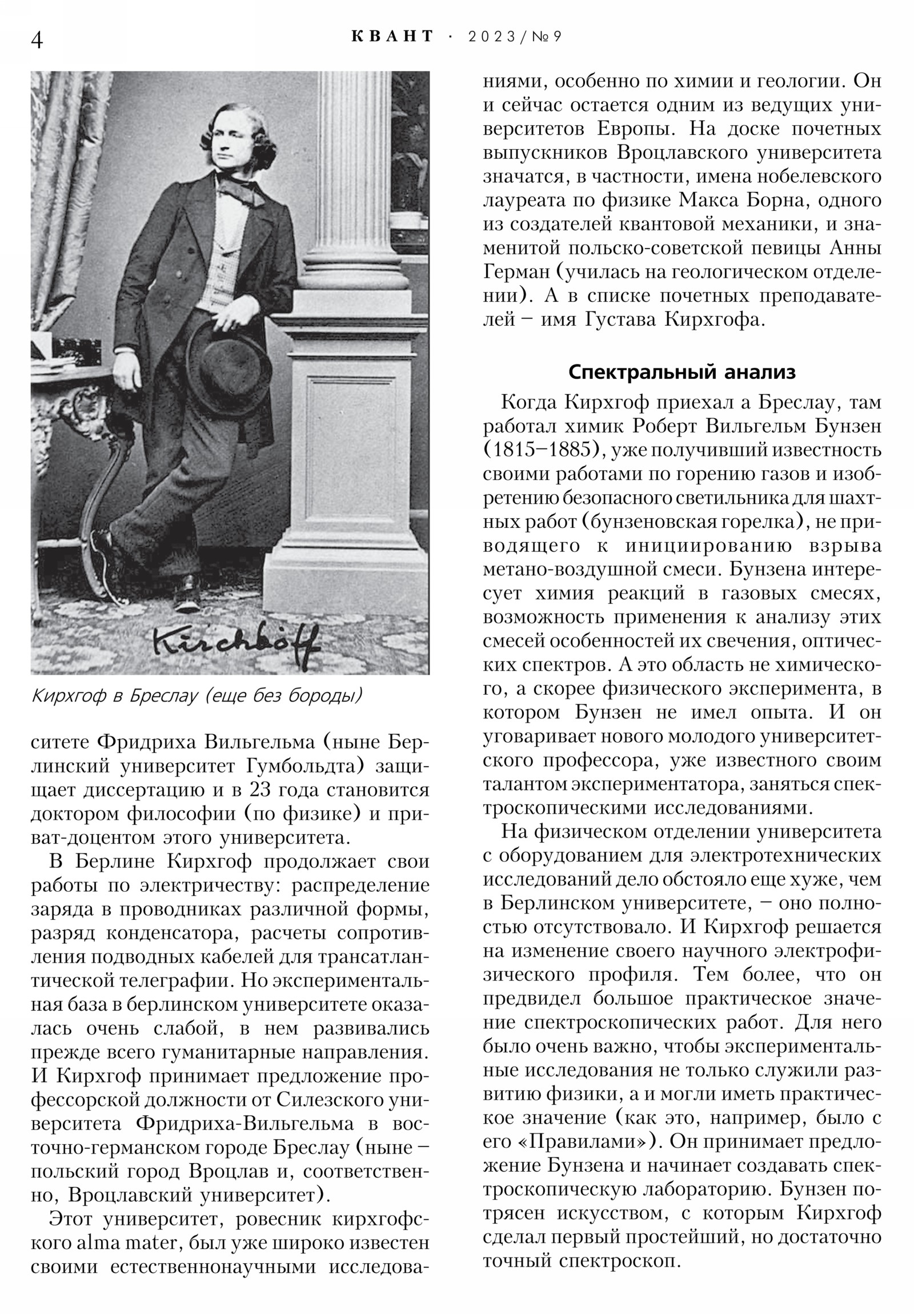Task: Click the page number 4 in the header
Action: [37, 41]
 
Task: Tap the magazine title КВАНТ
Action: [392, 37]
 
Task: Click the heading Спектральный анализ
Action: [682, 372]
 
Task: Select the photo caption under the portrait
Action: [197, 695]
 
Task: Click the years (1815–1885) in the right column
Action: [545, 450]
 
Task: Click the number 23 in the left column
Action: [262, 790]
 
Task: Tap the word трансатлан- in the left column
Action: [369, 957]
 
